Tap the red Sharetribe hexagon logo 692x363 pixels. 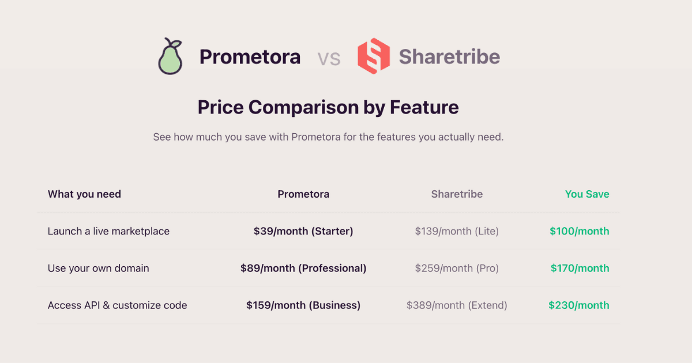pyautogui.click(x=374, y=56)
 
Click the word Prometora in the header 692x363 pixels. pyautogui.click(x=250, y=57)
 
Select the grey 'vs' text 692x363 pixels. pyautogui.click(x=329, y=58)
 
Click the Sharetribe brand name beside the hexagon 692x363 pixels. pyautogui.click(x=449, y=57)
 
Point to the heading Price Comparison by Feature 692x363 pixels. pyautogui.click(x=328, y=107)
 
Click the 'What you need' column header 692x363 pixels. pyautogui.click(x=84, y=194)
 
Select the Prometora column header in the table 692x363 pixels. pyautogui.click(x=303, y=194)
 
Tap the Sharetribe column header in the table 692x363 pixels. pyautogui.click(x=457, y=194)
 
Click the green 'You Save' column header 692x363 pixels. pyautogui.click(x=587, y=194)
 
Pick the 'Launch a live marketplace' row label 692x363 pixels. pyautogui.click(x=108, y=231)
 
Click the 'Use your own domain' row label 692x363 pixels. pyautogui.click(x=98, y=268)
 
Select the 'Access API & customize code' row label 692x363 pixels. pyautogui.click(x=117, y=305)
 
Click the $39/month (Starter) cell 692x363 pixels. pyautogui.click(x=303, y=231)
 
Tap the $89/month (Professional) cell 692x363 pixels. pyautogui.click(x=303, y=268)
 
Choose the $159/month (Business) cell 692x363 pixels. pyautogui.click(x=303, y=305)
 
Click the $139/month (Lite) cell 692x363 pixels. pyautogui.click(x=457, y=231)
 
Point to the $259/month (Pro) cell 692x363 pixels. pyautogui.click(x=457, y=268)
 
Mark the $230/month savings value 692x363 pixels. pyautogui.click(x=578, y=305)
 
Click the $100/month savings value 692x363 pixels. pyautogui.click(x=579, y=231)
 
